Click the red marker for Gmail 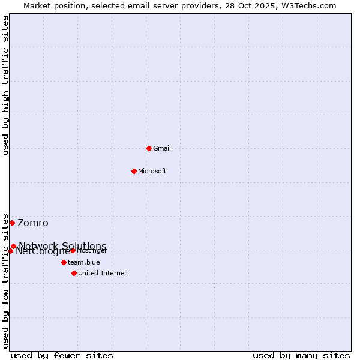tap(149, 148)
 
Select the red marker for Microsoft tap(134, 171)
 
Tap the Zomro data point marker tap(12, 223)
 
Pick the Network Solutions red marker tap(13, 246)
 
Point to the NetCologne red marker tap(10, 251)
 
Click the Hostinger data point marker tap(73, 250)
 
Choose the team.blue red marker tap(64, 262)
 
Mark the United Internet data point tap(74, 273)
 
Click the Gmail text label tap(162, 148)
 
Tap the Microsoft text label tap(152, 171)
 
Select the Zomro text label tap(33, 223)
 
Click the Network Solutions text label tap(62, 246)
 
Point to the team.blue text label tap(84, 262)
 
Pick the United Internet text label tap(103, 273)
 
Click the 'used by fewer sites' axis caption tap(62, 355)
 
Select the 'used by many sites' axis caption tap(301, 355)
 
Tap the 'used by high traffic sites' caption tap(6, 85)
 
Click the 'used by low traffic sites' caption tap(6, 280)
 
